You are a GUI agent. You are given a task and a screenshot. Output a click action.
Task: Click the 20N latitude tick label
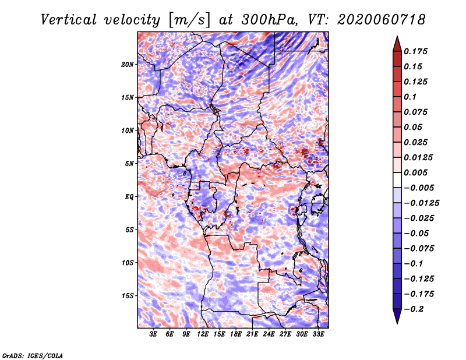[128, 65]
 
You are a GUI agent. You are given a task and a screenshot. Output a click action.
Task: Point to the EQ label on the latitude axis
[129, 197]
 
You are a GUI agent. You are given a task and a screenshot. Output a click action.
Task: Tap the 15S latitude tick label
[128, 296]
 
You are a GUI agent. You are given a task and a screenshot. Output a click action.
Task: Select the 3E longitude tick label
[153, 334]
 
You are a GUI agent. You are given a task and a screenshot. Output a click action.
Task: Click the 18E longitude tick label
[236, 334]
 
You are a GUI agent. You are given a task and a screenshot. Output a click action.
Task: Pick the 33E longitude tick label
[318, 334]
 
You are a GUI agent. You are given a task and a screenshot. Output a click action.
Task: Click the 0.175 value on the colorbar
[415, 51]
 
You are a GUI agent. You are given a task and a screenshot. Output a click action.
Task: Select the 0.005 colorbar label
[415, 172]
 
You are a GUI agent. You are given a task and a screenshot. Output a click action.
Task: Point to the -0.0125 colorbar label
[421, 203]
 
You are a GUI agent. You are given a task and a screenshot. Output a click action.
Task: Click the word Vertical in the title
[69, 20]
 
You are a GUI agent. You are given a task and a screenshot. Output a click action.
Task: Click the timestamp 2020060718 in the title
[381, 20]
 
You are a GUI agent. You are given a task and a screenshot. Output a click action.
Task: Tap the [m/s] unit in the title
[189, 20]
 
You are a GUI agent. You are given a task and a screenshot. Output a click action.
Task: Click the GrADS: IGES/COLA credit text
[33, 355]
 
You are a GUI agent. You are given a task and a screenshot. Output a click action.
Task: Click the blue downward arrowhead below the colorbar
[397, 316]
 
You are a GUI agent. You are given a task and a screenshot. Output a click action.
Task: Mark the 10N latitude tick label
[128, 130]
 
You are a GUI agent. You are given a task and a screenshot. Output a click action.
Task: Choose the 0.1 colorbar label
[410, 97]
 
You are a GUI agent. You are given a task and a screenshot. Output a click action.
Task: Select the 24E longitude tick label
[269, 334]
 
